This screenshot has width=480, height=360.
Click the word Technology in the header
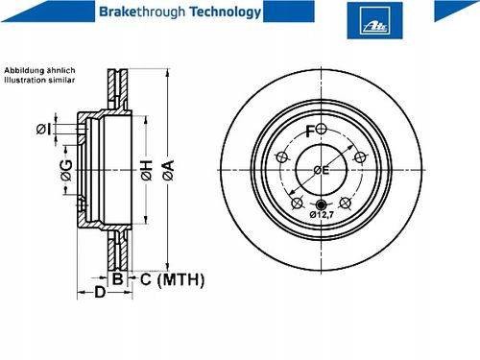[226, 12]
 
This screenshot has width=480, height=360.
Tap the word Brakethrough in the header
[142, 12]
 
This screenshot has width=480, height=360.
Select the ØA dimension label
[168, 170]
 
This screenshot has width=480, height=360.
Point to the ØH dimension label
[147, 170]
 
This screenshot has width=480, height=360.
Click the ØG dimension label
[66, 170]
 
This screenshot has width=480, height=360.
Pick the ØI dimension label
[43, 130]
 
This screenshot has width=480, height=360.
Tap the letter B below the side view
[118, 279]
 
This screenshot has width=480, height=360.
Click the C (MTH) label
[172, 279]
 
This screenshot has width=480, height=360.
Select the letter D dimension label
[100, 292]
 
